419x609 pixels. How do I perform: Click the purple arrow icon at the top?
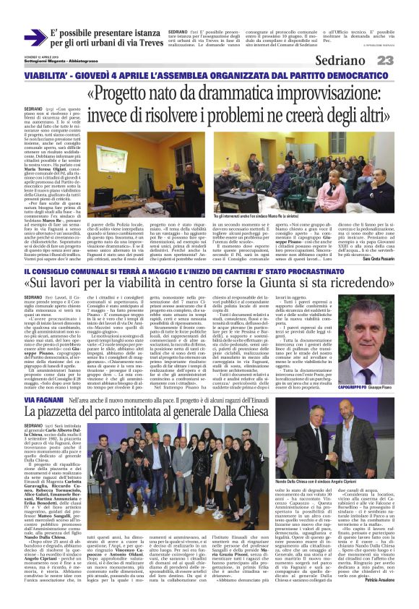pos(35,38)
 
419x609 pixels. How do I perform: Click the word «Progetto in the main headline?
pos(128,95)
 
